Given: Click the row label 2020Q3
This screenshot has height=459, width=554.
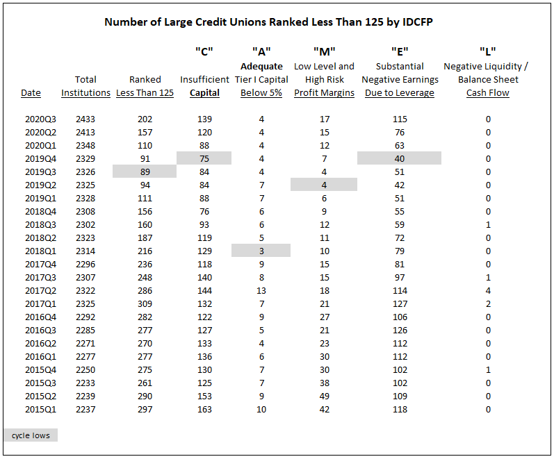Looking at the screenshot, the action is pos(40,119).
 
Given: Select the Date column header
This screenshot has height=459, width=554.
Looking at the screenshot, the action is pos(31,93).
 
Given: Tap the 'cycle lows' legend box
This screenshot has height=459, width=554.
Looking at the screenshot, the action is pos(31,435).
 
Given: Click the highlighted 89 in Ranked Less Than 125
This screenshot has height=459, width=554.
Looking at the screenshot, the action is pos(145,172).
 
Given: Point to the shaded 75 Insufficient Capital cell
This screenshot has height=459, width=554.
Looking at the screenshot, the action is pos(204,158).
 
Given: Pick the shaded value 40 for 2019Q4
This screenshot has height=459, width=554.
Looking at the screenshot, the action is pos(399,158).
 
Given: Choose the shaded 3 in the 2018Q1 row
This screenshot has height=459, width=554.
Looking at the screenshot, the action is pos(261,251).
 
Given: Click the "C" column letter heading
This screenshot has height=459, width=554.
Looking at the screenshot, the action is pos(204,52).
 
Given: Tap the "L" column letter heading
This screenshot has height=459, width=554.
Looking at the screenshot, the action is pos(487,52).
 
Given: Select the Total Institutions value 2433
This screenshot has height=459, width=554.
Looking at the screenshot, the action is pos(85,119).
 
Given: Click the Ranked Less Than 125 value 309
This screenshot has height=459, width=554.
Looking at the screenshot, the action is pos(145,304).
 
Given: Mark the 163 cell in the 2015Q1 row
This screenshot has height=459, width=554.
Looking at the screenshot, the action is pos(204,410).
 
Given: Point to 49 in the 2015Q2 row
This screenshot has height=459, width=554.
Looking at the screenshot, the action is pos(325,397).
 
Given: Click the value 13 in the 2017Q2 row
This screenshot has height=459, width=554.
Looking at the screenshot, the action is pos(261,291).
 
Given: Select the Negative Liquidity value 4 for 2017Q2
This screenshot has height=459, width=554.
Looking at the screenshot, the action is pos(488,291).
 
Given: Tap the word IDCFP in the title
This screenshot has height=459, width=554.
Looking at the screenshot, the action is pos(418,22).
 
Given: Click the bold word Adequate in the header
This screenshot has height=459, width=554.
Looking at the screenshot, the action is pos(261,67).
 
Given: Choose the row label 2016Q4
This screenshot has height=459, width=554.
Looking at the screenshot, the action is pos(40,317).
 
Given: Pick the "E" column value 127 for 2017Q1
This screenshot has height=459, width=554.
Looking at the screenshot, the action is pos(400,304).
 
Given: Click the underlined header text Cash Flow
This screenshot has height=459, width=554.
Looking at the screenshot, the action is pos(487,93).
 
